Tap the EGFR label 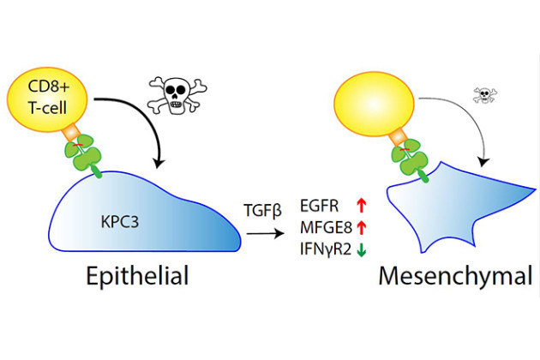pos(321,205)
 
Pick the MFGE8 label pos(323,228)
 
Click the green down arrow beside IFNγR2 pos(363,250)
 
